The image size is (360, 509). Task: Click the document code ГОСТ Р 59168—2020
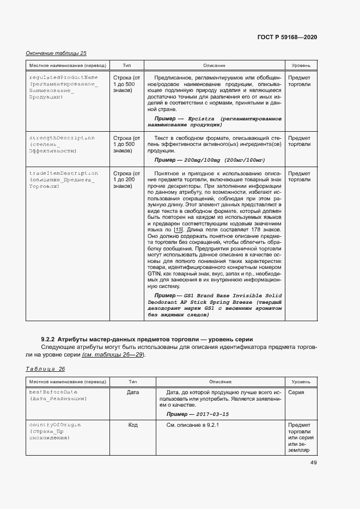286,37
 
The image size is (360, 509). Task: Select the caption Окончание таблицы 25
56,53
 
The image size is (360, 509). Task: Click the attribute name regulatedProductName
63,77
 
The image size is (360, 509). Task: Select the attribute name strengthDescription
62,138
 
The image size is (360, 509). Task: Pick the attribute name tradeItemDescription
63,173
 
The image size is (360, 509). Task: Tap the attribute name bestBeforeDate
53,391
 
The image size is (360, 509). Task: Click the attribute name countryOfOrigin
54,424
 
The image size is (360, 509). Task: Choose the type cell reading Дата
132,391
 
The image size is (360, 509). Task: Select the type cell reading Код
132,424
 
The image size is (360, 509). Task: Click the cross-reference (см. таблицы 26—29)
113,355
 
